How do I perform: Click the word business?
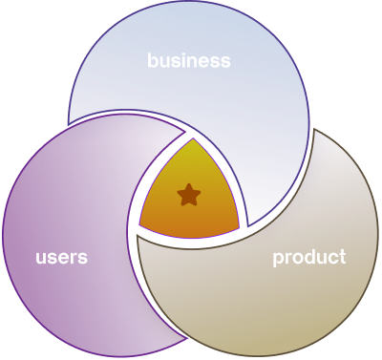click(x=189, y=61)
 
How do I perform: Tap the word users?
click(x=61, y=258)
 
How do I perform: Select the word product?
click(x=308, y=258)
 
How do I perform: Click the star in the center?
click(x=189, y=196)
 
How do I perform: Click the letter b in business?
click(x=153, y=60)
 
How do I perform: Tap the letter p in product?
click(x=278, y=260)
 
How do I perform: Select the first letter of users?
click(x=41, y=259)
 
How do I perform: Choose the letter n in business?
click(x=197, y=62)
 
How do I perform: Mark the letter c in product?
click(x=331, y=259)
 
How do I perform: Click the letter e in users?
click(x=63, y=259)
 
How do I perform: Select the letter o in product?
click(x=296, y=259)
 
